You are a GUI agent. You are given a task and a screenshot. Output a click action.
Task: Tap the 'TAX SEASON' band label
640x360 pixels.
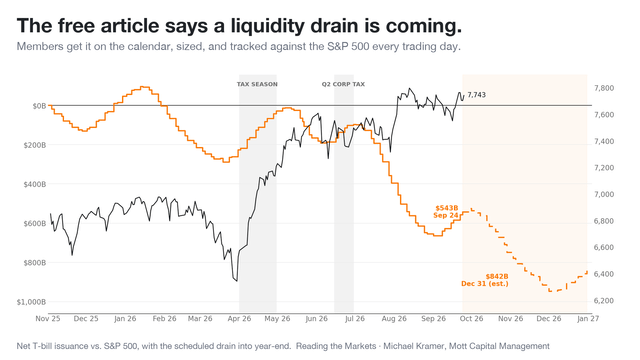click(257, 84)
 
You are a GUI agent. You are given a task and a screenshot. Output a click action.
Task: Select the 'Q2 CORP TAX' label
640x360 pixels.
click(343, 84)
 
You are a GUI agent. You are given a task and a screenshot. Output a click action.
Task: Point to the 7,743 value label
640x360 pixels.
click(476, 95)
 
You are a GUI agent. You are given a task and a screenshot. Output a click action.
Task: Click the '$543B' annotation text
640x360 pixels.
click(447, 208)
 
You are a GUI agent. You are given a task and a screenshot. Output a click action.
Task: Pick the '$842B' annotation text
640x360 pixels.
click(497, 276)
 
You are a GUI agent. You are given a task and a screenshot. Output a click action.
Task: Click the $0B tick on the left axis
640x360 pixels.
click(39, 106)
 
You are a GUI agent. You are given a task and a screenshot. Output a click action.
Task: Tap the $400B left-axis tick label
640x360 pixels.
click(35, 184)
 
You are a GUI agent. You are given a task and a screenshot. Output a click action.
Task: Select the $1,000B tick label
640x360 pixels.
click(31, 302)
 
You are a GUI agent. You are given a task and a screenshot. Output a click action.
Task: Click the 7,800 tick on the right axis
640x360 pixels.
click(604, 88)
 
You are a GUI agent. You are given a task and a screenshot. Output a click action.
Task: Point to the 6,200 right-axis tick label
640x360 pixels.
click(604, 301)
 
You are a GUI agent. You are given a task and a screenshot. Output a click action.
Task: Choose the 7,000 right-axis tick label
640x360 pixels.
click(604, 194)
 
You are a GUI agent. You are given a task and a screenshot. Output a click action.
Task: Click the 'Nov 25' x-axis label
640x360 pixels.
click(48, 318)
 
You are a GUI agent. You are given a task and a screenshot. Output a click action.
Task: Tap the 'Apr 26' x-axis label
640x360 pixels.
click(239, 318)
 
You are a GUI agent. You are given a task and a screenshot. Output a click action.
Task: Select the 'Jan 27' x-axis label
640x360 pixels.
click(588, 318)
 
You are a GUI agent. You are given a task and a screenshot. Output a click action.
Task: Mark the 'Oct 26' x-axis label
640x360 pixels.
click(471, 318)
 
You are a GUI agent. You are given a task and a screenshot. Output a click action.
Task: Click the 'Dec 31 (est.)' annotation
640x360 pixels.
click(485, 284)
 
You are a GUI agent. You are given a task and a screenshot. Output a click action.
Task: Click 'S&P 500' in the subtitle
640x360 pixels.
click(348, 47)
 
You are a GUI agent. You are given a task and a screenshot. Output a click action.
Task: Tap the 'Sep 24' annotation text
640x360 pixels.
click(446, 215)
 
